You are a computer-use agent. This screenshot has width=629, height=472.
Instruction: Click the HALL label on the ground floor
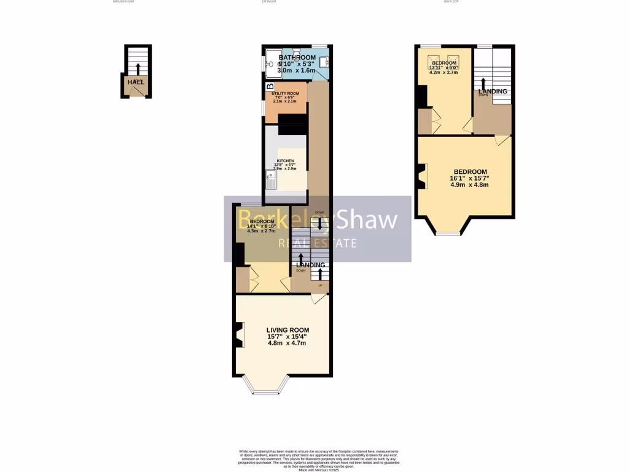click(136, 82)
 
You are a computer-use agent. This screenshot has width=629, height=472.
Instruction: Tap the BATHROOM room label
click(297, 58)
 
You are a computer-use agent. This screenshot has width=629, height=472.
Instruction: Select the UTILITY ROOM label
click(286, 93)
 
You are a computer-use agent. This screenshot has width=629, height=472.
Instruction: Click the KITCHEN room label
click(286, 161)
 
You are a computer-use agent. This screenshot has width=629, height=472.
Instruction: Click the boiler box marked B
click(269, 87)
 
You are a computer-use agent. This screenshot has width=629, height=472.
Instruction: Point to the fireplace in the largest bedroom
click(421, 176)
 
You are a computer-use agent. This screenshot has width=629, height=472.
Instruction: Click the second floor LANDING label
click(493, 92)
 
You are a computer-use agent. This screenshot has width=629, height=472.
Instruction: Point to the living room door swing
click(318, 299)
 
